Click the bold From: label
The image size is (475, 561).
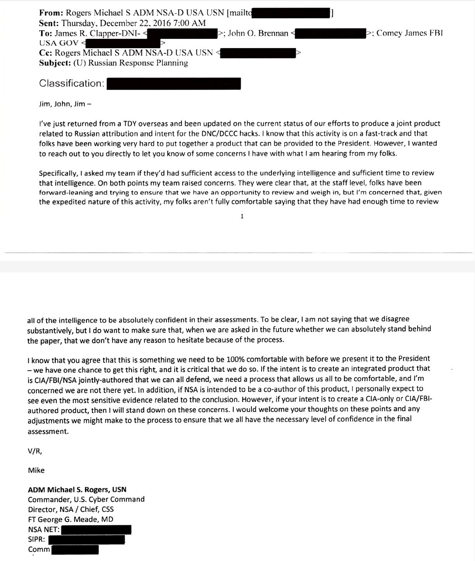click(x=51, y=13)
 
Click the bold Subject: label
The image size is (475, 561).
click(x=55, y=63)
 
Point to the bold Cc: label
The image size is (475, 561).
click(x=46, y=53)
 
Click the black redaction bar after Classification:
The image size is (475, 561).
click(x=173, y=84)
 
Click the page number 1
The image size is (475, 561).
click(x=242, y=216)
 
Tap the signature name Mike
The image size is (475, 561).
click(x=36, y=471)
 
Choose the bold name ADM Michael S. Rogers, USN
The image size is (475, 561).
click(x=77, y=490)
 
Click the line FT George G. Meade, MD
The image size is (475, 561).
click(x=71, y=519)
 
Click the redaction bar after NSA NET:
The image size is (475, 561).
click(x=96, y=530)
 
